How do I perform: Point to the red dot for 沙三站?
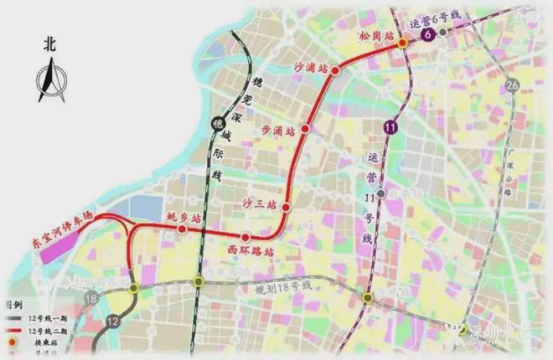(286, 206)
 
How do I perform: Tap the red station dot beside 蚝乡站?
(182, 228)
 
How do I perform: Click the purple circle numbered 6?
(429, 34)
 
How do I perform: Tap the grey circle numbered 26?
(513, 85)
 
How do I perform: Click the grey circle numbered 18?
(91, 298)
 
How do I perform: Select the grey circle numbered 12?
(113, 320)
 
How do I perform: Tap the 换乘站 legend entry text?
(48, 343)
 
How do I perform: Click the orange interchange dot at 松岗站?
(402, 42)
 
